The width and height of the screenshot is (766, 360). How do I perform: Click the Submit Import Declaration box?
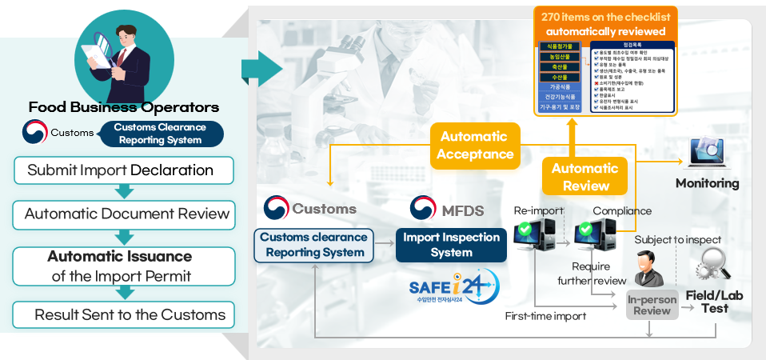pos(121,170)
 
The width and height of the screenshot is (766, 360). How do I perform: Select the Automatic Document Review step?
pos(126,214)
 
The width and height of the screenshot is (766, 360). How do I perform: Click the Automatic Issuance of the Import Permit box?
pos(119,266)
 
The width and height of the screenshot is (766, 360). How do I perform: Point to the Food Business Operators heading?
pos(123,107)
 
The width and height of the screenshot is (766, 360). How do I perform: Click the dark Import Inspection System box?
pos(451,245)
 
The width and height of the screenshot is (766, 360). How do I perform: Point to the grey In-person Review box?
pos(651,305)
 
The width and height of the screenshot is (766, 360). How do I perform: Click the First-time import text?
pos(546,316)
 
